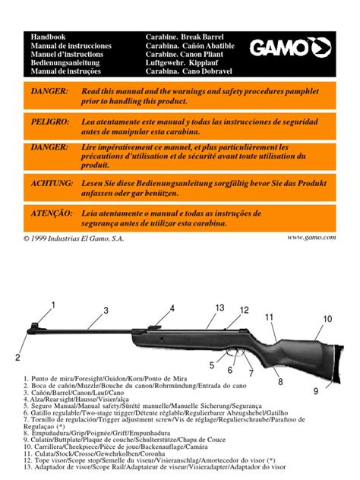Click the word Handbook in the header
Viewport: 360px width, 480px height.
[49, 36]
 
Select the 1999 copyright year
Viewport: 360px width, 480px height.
[47, 238]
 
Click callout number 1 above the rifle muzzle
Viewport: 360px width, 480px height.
[53, 305]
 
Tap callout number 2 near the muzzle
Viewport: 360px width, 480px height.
[17, 356]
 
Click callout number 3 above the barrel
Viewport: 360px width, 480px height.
[106, 310]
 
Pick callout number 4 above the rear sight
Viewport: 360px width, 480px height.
[172, 308]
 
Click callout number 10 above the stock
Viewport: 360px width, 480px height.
[327, 319]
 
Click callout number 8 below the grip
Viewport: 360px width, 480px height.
[279, 381]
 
